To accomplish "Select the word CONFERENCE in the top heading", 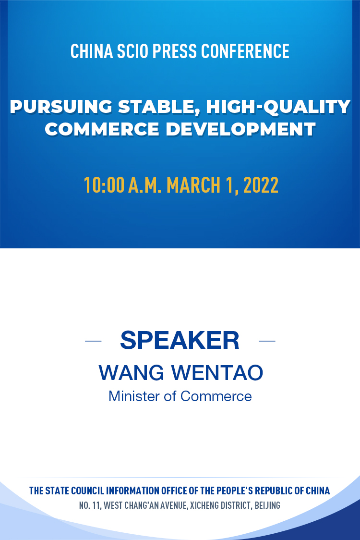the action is [x=245, y=51].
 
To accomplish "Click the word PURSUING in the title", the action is [x=61, y=107].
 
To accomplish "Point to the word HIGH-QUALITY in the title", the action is [x=278, y=107].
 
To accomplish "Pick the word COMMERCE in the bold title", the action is [x=102, y=129].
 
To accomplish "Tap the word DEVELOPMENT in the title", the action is [x=240, y=129].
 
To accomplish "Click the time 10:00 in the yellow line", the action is [x=104, y=185].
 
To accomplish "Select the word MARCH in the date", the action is [x=193, y=185].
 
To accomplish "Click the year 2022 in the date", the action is [x=261, y=185].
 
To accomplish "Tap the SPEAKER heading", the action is [x=180, y=340].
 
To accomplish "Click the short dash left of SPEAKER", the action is [x=93, y=341].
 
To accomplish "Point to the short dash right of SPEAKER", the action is [x=267, y=341].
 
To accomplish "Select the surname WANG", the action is [x=132, y=373].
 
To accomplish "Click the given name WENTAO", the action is [x=217, y=373].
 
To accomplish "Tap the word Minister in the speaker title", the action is [x=134, y=396].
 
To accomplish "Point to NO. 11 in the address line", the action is [x=90, y=505].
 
